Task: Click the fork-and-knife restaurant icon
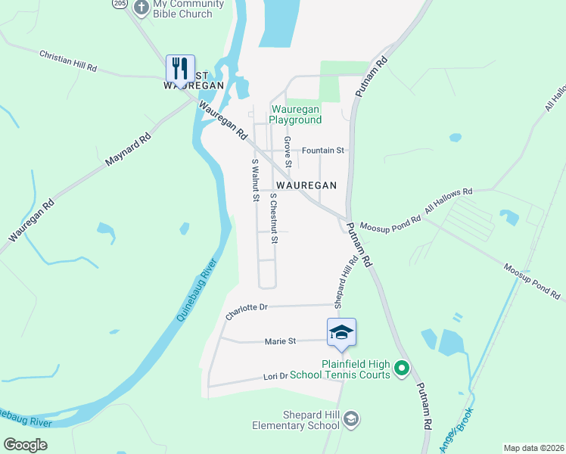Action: pyautogui.click(x=180, y=68)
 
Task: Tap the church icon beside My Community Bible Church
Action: pyautogui.click(x=141, y=8)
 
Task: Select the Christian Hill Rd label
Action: pyautogui.click(x=68, y=61)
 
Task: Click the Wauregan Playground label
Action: pyautogui.click(x=297, y=114)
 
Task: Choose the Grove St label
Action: pyautogui.click(x=288, y=151)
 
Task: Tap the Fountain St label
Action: pyautogui.click(x=322, y=151)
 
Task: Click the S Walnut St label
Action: pyautogui.click(x=255, y=181)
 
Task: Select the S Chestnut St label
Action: pyautogui.click(x=274, y=218)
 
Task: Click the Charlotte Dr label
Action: pyautogui.click(x=247, y=308)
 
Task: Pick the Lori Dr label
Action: pyautogui.click(x=275, y=376)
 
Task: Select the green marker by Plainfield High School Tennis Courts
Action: pyautogui.click(x=402, y=369)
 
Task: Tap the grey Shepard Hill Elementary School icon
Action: pyautogui.click(x=351, y=418)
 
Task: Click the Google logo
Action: pyautogui.click(x=25, y=445)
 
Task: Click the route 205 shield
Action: pyautogui.click(x=119, y=4)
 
